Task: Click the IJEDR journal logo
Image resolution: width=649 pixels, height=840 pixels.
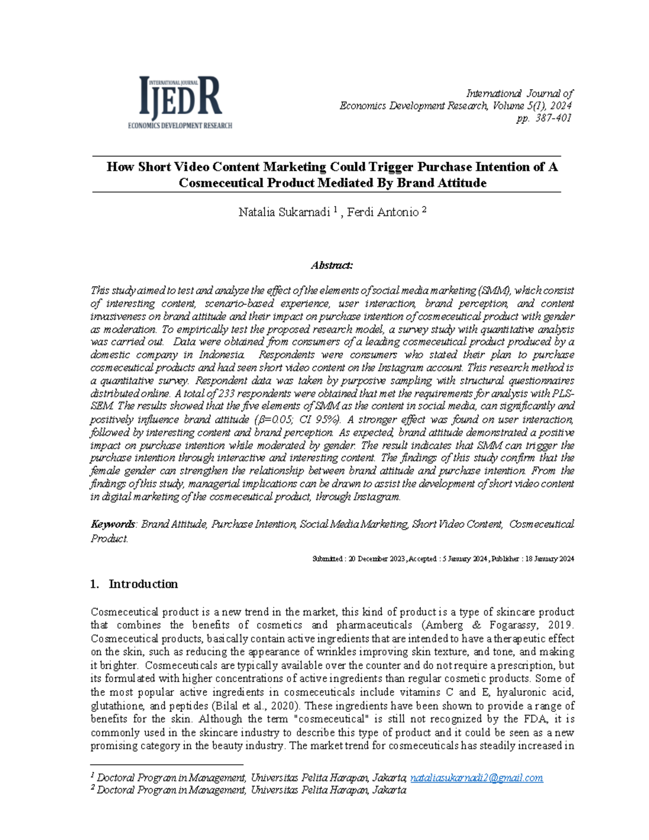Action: pos(180,102)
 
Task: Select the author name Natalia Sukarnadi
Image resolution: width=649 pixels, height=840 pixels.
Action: pos(284,213)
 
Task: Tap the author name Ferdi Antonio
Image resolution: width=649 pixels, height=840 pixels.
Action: pos(382,213)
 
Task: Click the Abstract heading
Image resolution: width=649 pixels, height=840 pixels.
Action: pos(332,265)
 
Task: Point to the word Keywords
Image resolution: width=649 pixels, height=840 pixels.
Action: pos(113,524)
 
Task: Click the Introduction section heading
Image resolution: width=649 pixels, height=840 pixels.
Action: pos(143,584)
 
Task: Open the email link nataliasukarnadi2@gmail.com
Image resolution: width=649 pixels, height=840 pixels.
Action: pos(476,778)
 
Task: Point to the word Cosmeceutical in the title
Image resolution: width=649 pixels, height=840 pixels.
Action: pos(220,183)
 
